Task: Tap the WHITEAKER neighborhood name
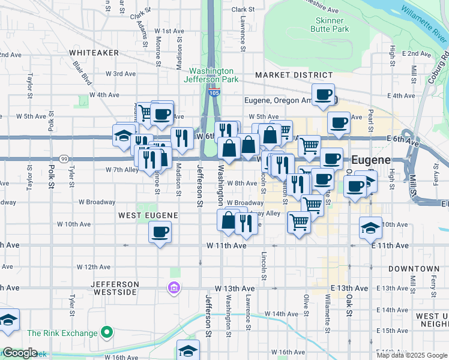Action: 94,53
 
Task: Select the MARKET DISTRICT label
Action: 294,75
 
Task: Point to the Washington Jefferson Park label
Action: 211,75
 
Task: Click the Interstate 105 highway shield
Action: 214,92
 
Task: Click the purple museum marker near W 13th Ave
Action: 174,289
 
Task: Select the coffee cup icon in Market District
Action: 323,94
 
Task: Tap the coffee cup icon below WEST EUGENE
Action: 160,232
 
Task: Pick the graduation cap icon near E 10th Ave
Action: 370,227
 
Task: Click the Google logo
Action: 19,353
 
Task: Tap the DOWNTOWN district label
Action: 414,269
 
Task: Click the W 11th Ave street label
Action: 227,245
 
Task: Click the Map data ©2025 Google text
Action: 411,355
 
